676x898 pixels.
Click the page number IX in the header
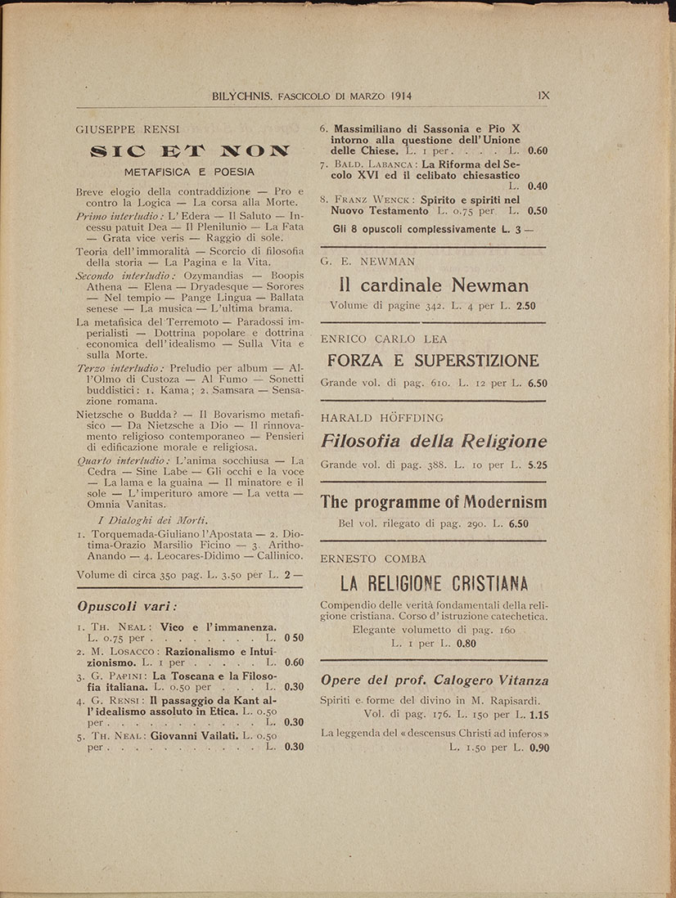click(543, 95)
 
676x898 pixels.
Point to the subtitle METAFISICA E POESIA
click(189, 172)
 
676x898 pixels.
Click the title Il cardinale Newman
click(433, 285)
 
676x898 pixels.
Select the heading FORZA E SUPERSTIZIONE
click(433, 361)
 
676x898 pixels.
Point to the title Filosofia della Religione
click(433, 442)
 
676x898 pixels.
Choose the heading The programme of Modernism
click(433, 502)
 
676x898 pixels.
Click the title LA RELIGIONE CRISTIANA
click(433, 584)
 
